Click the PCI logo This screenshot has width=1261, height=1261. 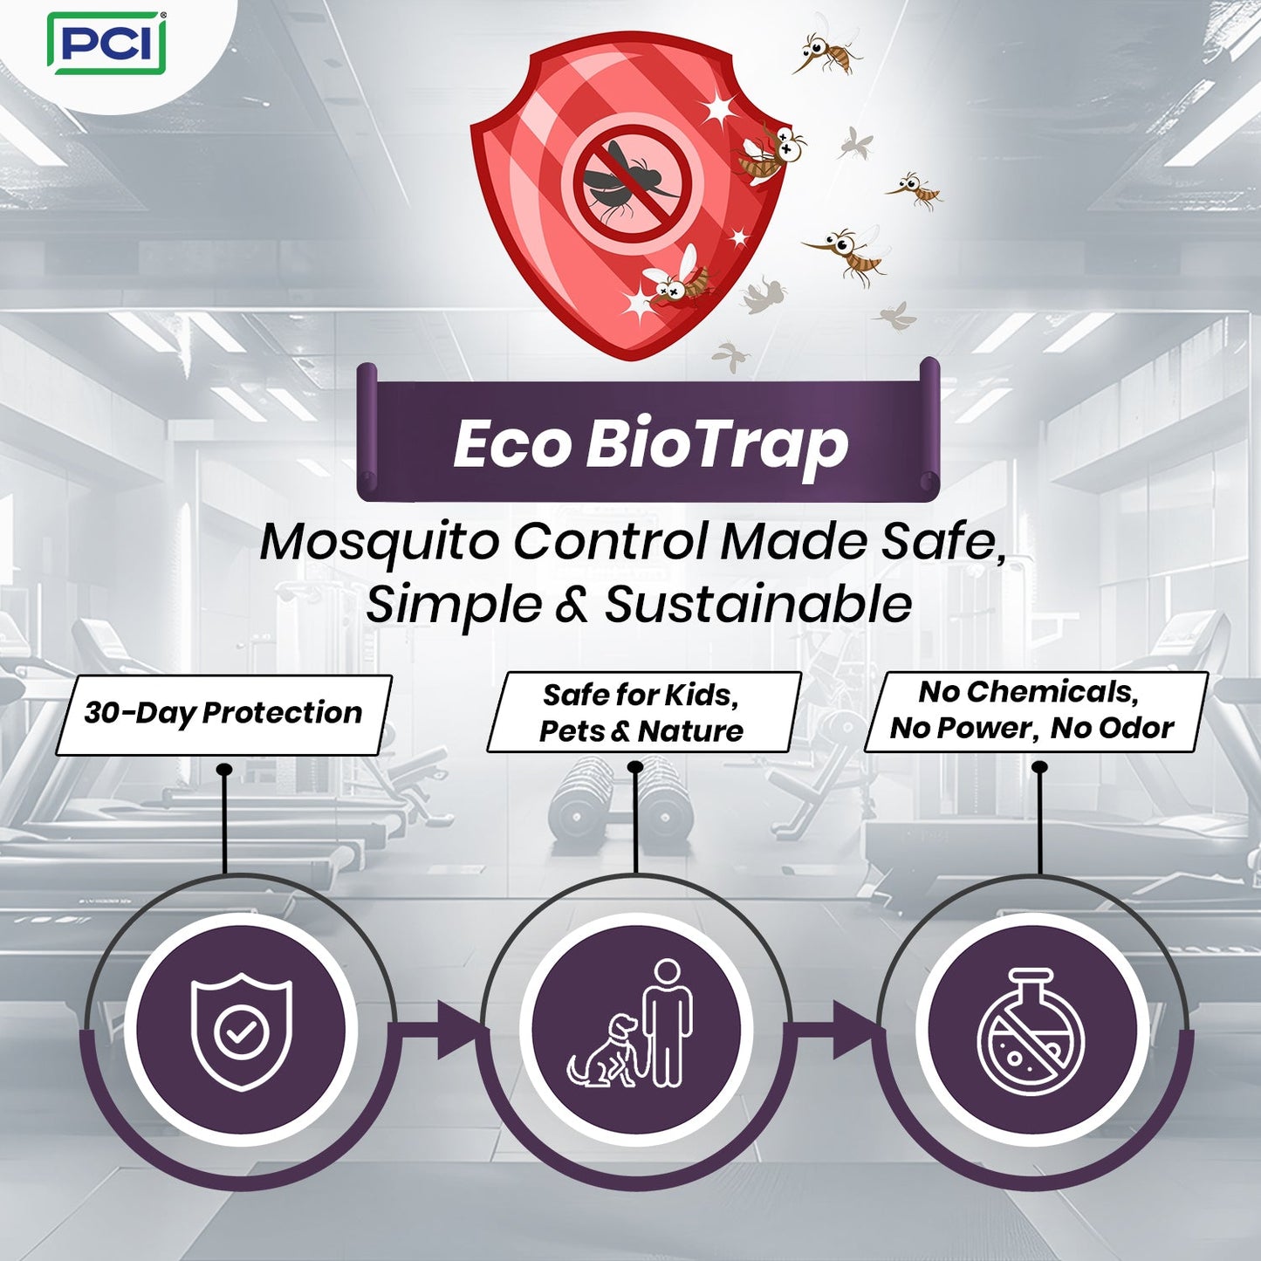[106, 43]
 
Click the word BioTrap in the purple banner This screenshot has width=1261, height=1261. [716, 444]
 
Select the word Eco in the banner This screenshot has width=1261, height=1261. [510, 444]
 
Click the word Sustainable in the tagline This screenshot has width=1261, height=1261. [758, 605]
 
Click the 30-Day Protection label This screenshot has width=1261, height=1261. [223, 714]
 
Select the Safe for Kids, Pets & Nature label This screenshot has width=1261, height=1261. [642, 712]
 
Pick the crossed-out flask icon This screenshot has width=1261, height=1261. [1031, 1031]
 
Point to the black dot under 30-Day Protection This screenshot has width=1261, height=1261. [224, 770]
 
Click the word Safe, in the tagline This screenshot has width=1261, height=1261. [943, 542]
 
